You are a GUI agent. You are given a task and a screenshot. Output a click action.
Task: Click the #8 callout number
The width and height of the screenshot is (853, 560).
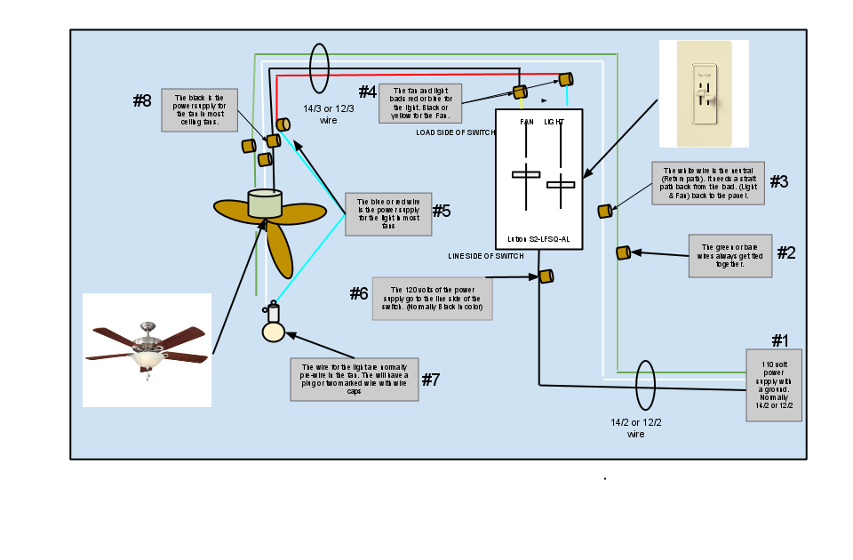click(142, 100)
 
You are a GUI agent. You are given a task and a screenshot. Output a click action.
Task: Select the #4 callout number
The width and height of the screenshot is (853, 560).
click(367, 92)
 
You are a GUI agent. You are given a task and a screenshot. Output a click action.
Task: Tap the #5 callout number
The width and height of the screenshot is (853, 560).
click(442, 211)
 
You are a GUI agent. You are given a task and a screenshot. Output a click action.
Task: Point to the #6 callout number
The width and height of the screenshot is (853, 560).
click(358, 293)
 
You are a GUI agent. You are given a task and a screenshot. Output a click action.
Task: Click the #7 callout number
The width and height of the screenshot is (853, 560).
click(430, 380)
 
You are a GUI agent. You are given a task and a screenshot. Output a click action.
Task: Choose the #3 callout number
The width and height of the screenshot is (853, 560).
click(778, 181)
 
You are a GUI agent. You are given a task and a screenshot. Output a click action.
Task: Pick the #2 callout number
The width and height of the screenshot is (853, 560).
click(786, 252)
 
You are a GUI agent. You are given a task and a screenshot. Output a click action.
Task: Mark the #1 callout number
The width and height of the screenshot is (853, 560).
click(779, 340)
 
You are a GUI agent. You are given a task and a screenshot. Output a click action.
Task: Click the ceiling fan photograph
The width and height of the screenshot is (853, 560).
click(147, 349)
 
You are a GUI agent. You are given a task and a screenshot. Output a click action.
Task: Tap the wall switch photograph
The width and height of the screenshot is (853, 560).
click(704, 93)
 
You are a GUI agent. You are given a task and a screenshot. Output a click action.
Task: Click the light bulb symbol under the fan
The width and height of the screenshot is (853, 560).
click(273, 331)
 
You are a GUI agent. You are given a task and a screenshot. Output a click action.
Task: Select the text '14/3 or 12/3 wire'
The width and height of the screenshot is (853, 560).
click(328, 115)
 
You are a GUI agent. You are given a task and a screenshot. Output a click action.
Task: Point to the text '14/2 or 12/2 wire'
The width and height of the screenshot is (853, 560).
click(635, 428)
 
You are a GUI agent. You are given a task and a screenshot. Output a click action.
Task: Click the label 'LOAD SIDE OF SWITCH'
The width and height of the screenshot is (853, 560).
click(455, 132)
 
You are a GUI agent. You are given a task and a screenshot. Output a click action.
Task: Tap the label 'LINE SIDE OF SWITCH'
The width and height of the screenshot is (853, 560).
click(485, 256)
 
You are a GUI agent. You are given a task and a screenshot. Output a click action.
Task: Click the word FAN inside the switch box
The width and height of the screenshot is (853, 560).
click(527, 121)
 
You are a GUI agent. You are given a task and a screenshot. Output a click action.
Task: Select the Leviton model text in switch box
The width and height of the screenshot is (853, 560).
click(538, 240)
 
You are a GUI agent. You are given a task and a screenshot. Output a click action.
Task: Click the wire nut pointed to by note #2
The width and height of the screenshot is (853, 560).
click(623, 252)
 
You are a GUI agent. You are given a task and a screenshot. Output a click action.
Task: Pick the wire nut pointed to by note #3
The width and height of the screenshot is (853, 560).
click(604, 211)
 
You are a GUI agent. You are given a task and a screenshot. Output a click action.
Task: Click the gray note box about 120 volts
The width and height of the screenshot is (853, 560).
click(432, 299)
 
